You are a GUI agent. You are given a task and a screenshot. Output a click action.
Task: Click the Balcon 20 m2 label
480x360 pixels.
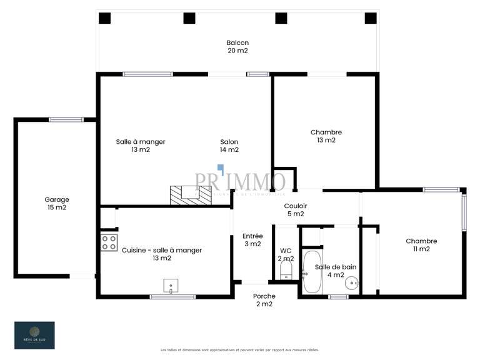coord(237,47)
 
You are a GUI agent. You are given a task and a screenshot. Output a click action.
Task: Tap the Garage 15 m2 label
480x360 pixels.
coord(56,204)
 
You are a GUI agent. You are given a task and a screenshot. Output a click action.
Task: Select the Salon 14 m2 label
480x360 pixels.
coord(229,146)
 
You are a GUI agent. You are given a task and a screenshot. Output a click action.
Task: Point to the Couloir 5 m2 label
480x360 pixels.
coord(295,210)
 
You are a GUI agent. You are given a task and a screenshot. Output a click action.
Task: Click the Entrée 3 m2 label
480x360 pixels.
coord(252,240)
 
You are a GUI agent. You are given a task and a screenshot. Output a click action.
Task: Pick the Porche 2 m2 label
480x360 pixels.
coord(264,300)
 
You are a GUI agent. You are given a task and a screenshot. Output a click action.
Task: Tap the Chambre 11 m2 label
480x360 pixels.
coord(421,245)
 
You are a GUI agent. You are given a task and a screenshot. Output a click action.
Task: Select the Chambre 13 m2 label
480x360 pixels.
coord(326,136)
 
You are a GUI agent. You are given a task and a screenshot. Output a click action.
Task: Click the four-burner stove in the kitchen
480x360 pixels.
coord(109,242)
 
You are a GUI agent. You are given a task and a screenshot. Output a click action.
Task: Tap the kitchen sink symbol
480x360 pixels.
coord(171,286)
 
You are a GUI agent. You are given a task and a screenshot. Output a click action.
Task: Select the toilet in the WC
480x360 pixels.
coord(286,270)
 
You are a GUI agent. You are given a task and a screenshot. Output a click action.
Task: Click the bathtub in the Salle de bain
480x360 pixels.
coord(312,272)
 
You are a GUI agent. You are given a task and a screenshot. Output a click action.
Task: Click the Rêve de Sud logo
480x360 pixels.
coord(34,335)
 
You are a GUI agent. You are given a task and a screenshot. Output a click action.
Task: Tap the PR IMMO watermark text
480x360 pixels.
coord(240,182)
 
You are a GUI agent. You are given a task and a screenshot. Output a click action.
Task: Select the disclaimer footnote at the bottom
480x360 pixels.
coord(239,350)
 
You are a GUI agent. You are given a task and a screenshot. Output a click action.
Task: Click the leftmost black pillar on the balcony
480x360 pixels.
coord(105,18)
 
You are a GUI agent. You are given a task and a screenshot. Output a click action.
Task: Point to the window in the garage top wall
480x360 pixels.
coord(66,119)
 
